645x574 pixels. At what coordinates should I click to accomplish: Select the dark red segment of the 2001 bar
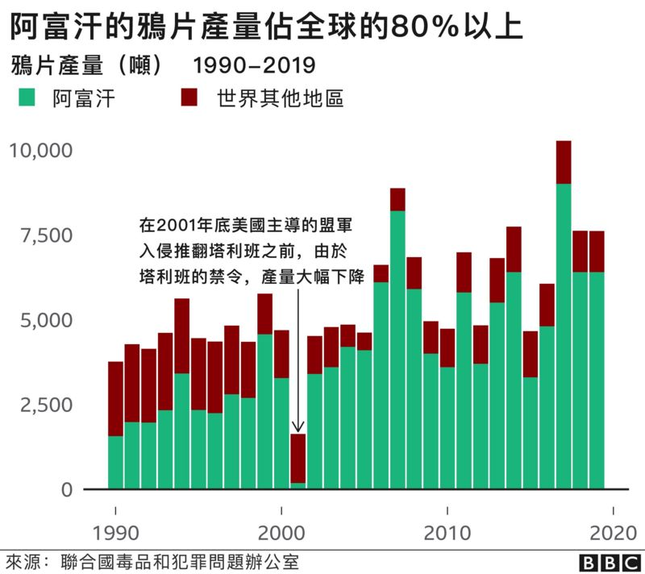(x=298, y=458)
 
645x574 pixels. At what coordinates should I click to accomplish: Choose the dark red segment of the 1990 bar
(x=115, y=399)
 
